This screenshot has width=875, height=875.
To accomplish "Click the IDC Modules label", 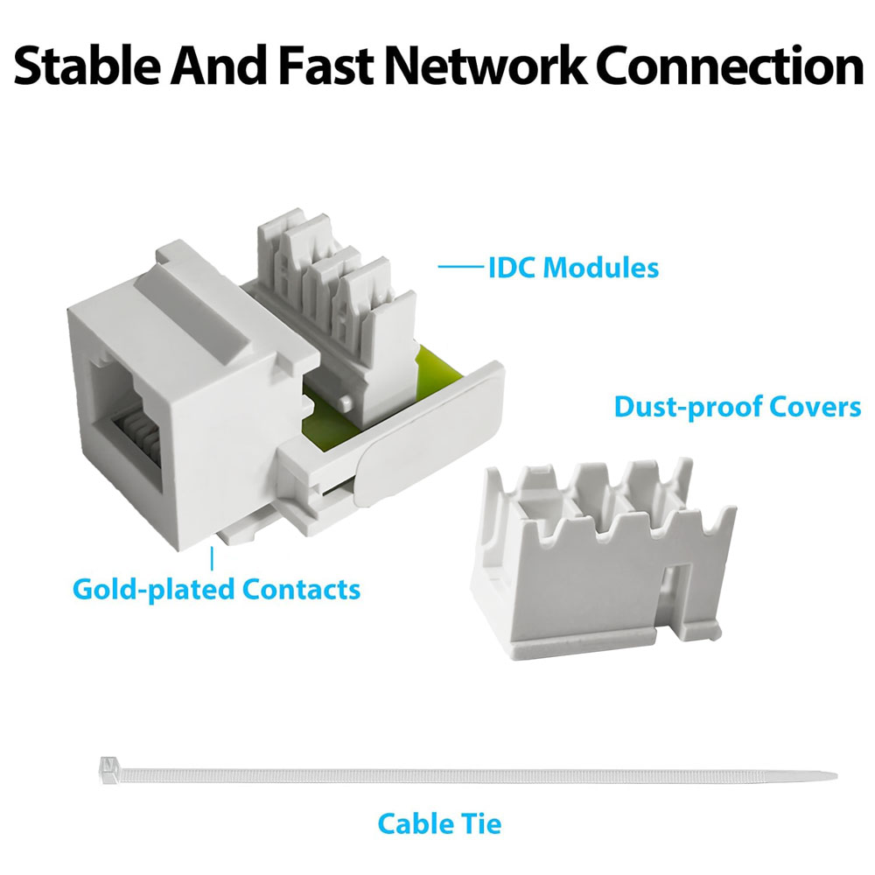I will click(573, 267).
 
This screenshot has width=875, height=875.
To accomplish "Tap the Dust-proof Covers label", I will click(738, 407).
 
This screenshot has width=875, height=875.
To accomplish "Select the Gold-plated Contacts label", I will click(216, 588).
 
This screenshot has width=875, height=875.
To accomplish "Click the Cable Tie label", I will click(439, 823).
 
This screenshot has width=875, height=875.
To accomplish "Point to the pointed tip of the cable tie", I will click(831, 775).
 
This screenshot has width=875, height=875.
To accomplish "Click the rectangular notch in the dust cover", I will click(675, 595).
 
